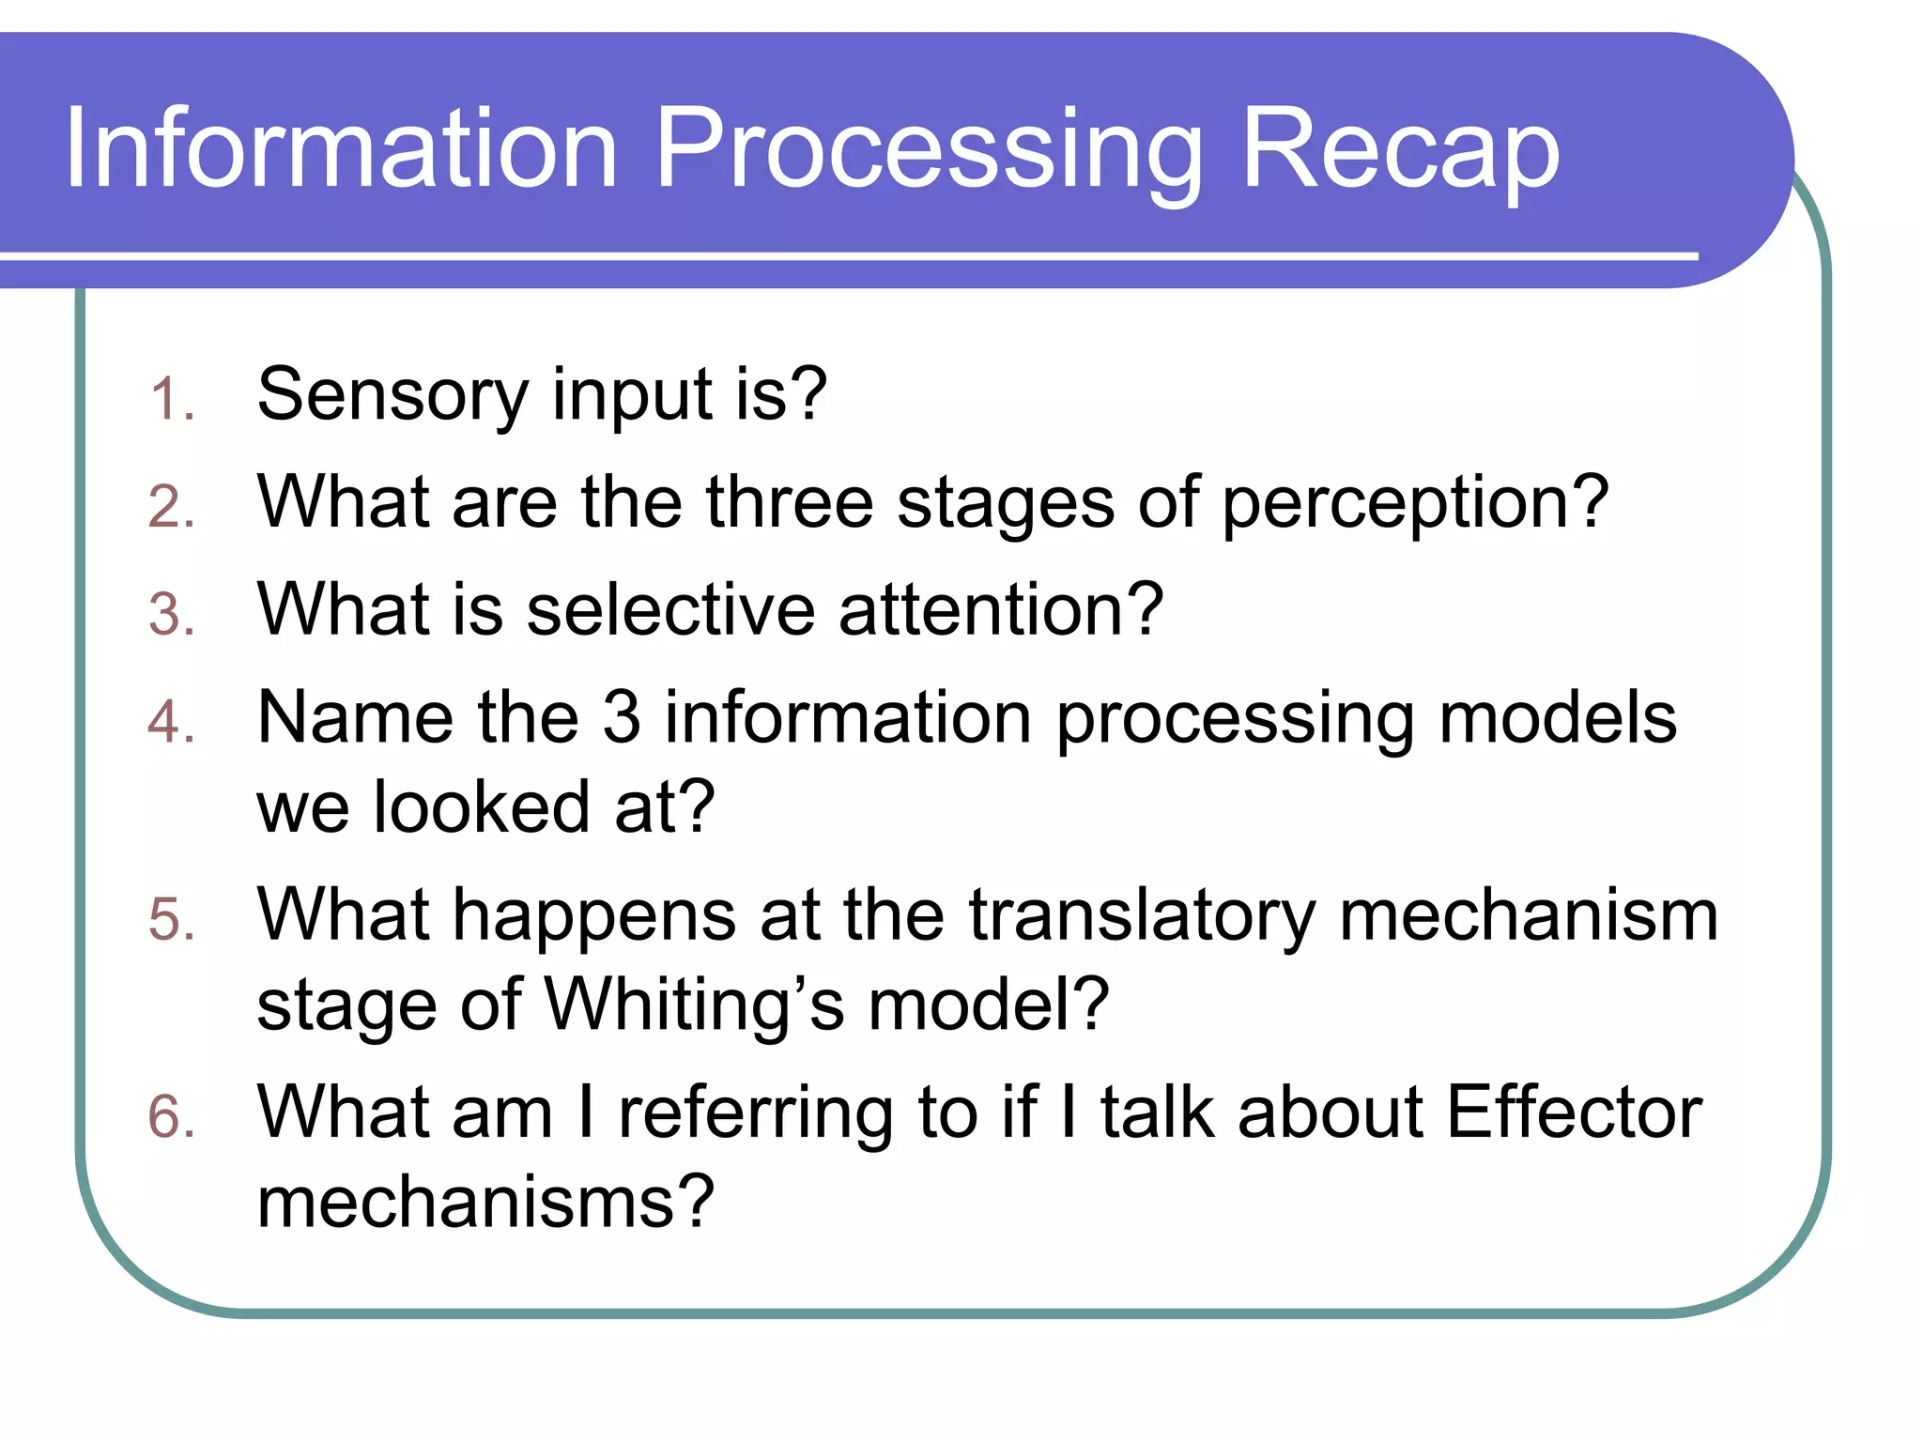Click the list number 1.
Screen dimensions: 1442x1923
[x=172, y=399]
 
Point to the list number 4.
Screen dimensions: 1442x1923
[x=172, y=723]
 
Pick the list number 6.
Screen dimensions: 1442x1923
[x=172, y=1118]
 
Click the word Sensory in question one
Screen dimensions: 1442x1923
[x=392, y=395]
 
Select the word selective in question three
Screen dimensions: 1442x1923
[x=670, y=610]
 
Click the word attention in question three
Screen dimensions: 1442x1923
[x=1001, y=610]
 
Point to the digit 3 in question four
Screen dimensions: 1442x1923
[x=621, y=718]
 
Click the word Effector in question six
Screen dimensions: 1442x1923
[x=1574, y=1113]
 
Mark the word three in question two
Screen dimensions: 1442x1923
[x=789, y=503]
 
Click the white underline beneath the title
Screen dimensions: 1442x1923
[x=845, y=255]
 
